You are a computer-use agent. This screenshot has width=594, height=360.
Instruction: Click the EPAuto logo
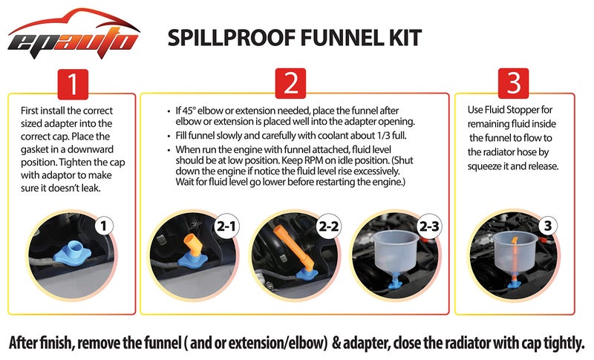(x=74, y=33)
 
